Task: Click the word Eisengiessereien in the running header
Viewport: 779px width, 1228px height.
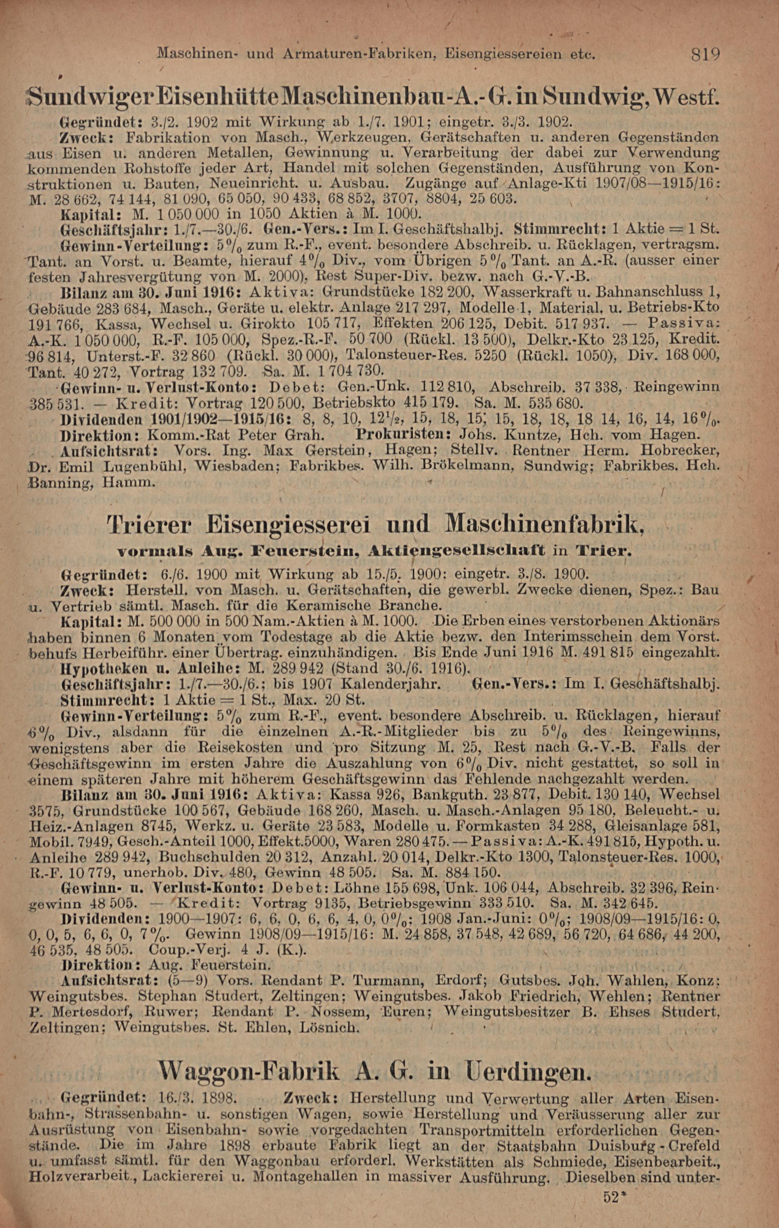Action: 516,53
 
